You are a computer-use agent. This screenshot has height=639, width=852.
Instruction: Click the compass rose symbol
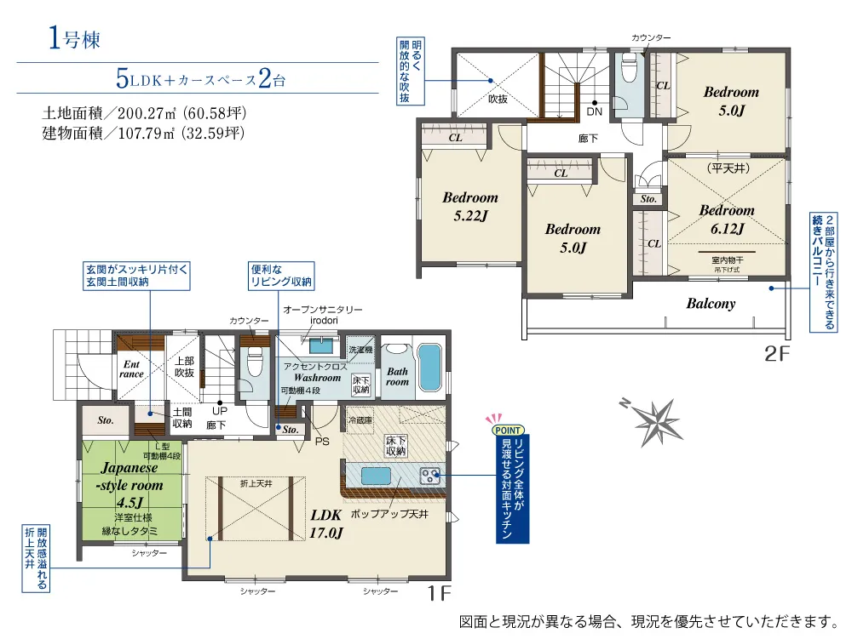click(x=656, y=423)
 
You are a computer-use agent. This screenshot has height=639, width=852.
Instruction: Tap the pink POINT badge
click(x=508, y=431)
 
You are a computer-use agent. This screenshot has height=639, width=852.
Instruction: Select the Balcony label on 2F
click(x=711, y=303)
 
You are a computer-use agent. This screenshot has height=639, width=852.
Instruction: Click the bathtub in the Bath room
click(x=429, y=367)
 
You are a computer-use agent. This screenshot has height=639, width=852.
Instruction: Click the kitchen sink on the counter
click(x=376, y=476)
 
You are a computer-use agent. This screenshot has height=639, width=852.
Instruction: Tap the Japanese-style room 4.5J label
click(x=130, y=484)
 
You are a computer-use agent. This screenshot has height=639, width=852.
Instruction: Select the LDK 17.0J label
click(x=326, y=524)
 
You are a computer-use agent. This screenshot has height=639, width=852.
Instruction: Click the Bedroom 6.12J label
click(x=727, y=220)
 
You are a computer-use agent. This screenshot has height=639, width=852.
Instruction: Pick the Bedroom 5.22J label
click(x=470, y=206)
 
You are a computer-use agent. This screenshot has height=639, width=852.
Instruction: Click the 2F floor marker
click(x=777, y=354)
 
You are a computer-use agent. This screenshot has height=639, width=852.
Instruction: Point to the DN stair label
click(x=595, y=111)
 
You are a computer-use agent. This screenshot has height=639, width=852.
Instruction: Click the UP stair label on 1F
click(x=220, y=411)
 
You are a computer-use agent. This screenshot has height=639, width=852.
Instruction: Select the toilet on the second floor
click(x=629, y=67)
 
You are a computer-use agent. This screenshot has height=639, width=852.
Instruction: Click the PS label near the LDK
click(x=322, y=442)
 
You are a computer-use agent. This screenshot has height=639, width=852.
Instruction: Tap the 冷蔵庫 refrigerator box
click(x=360, y=419)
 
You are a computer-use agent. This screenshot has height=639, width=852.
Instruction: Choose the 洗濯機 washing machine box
click(x=360, y=350)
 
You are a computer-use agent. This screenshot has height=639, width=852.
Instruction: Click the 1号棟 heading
click(x=74, y=39)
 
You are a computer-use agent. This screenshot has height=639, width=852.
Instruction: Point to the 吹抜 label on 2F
click(x=498, y=99)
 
